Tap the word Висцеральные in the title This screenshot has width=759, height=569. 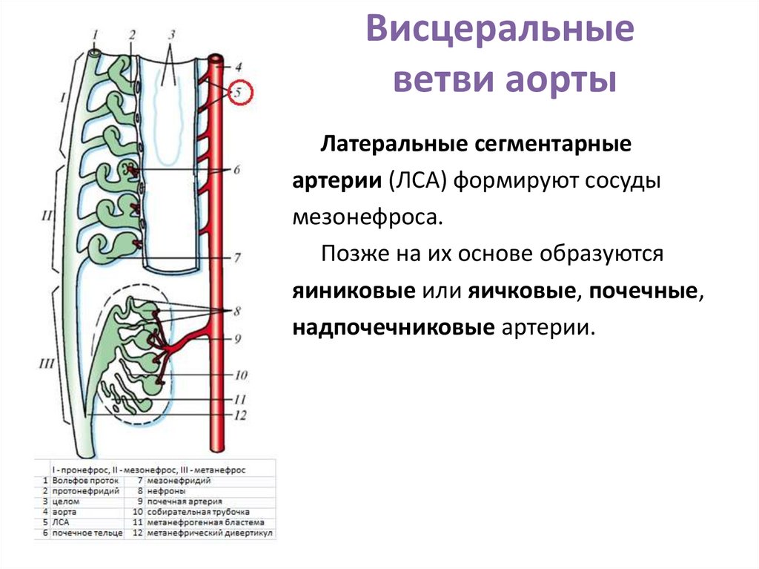tap(501, 33)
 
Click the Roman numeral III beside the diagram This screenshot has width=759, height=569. tap(46, 363)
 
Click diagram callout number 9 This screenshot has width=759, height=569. tap(239, 340)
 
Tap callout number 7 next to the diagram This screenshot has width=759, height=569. tap(237, 258)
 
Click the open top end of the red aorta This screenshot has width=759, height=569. tap(217, 58)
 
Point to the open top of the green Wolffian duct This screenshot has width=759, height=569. tap(94, 53)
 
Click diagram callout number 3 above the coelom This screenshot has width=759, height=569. tap(171, 35)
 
